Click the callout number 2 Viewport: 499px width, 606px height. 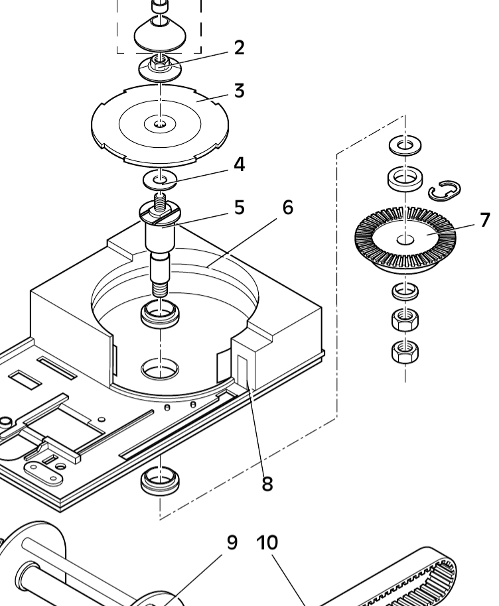coord(240,48)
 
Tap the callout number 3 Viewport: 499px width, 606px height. coord(240,91)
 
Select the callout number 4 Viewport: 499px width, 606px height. coord(240,164)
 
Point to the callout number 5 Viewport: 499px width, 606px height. coord(240,208)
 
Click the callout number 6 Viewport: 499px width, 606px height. coord(288,208)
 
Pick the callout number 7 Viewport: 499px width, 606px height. coord(485,220)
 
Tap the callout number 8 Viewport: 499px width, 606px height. coord(267,483)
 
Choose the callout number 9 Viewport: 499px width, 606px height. coord(232,542)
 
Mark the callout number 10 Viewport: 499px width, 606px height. coord(267,542)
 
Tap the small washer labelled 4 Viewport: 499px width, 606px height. coord(160,180)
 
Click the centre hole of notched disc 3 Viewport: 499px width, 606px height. coord(160,124)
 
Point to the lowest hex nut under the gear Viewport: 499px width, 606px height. coord(405,351)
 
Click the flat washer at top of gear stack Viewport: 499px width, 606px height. coord(405,145)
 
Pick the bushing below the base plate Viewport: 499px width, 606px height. coord(160,481)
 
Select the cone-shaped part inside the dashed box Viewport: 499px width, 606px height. coord(160,34)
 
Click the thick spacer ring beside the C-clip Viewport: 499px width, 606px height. coord(405,178)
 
